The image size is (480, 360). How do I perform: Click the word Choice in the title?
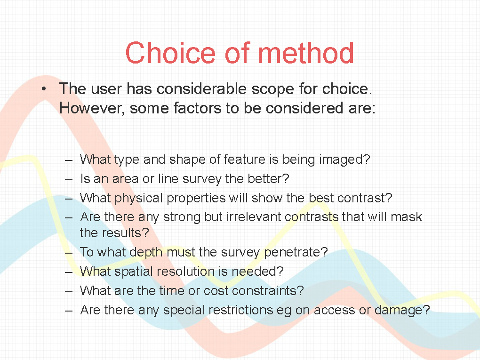(x=170, y=53)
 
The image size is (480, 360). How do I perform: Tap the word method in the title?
(x=306, y=53)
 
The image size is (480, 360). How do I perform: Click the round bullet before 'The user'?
(x=44, y=89)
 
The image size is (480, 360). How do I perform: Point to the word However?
(x=92, y=108)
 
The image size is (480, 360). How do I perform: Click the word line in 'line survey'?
(x=168, y=178)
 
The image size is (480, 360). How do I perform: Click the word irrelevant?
(x=254, y=217)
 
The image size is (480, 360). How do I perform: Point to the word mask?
(x=407, y=217)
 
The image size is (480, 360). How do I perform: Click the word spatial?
(x=133, y=272)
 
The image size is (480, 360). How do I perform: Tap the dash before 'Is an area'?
(x=69, y=179)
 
